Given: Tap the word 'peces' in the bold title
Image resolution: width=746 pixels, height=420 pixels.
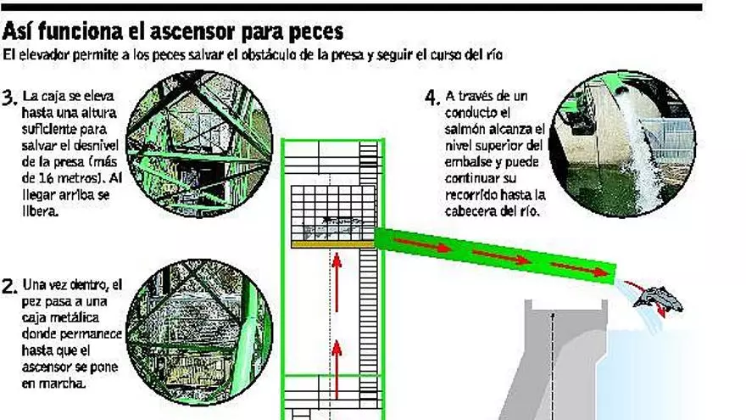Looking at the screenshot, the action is [x=316, y=33].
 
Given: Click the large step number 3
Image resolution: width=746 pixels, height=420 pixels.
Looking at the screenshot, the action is [x=9, y=98].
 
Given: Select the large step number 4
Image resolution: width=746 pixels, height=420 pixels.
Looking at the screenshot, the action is [x=432, y=98].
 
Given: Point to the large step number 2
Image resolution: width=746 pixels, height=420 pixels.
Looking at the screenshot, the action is [x=9, y=287].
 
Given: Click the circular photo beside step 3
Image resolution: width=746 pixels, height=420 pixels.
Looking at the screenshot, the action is [x=199, y=143].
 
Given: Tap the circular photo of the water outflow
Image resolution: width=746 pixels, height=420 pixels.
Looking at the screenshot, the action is [x=622, y=143].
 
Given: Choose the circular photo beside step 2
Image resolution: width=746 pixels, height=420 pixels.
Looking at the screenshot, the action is [x=199, y=333].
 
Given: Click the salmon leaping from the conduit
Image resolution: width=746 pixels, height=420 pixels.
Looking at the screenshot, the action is [x=658, y=298].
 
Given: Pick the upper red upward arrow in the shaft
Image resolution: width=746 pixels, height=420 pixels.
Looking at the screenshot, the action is [x=337, y=283].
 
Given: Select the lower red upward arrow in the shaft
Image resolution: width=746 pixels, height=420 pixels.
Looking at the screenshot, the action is [x=337, y=370].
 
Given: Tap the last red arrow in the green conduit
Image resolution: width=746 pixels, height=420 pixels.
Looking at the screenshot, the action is [x=580, y=270].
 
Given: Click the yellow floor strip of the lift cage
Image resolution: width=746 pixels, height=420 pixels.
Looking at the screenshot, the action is [x=333, y=244].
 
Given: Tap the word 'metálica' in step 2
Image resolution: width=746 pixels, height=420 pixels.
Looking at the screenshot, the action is [x=62, y=317].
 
